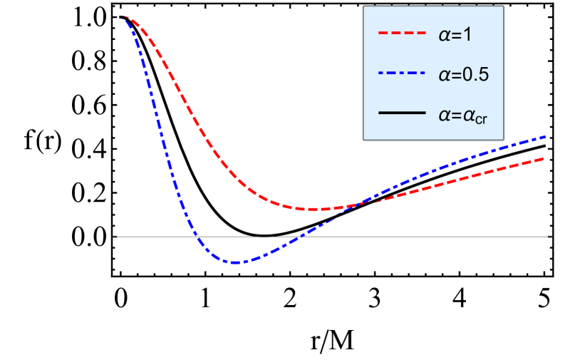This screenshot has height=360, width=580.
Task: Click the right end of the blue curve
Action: tap(545, 135)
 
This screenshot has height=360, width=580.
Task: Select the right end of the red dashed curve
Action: tap(544, 158)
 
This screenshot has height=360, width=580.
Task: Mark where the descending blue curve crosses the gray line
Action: tap(199, 236)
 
